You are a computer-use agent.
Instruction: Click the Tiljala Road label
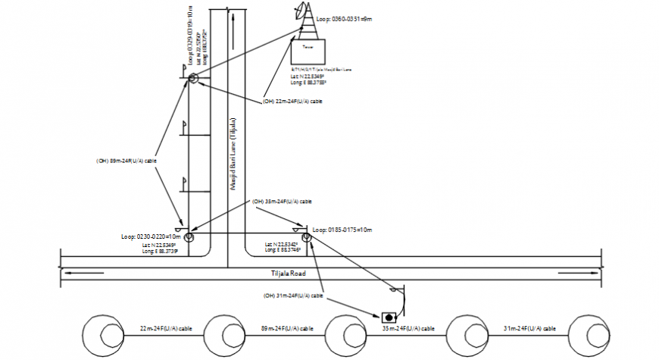[288, 273]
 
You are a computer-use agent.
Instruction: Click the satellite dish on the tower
[303, 11]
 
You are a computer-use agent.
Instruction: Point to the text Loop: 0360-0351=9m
[351, 19]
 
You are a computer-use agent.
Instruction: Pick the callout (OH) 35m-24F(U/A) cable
[282, 202]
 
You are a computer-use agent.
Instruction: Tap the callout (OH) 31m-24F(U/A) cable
[293, 295]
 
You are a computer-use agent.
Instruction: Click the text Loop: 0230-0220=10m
[150, 236]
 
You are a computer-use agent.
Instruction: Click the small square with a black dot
[389, 316]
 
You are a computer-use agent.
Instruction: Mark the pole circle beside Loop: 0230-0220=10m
[187, 237]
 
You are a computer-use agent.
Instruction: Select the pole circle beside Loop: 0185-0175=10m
[307, 237]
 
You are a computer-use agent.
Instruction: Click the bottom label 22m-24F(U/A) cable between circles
[164, 329]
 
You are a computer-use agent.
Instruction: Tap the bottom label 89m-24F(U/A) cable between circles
[286, 329]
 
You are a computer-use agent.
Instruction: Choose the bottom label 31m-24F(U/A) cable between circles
[530, 329]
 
